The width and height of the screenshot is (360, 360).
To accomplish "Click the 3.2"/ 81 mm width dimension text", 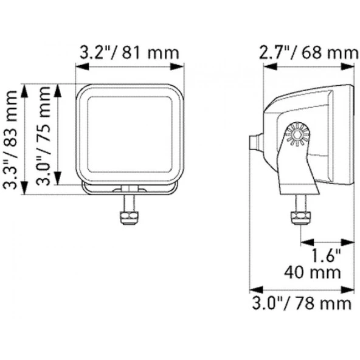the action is tap(130, 54).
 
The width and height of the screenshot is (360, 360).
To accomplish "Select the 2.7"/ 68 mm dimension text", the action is tap(309, 54).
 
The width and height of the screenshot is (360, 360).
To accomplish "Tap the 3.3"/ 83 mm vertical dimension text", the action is tap(10, 140).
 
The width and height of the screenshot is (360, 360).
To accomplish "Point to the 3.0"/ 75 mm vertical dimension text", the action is tap(43, 136).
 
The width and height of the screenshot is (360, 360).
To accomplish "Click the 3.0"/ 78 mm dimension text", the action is tap(302, 303).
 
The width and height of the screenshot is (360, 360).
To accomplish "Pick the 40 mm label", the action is tap(312, 273).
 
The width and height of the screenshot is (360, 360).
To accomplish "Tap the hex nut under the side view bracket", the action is tap(301, 218).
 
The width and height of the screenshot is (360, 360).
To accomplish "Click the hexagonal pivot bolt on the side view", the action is tap(298, 134).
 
